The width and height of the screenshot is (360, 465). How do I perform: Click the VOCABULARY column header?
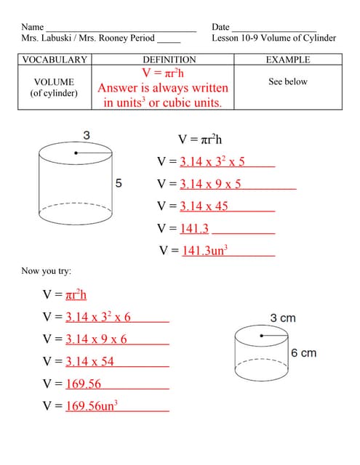(55, 60)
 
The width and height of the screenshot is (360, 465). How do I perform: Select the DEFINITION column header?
(169, 60)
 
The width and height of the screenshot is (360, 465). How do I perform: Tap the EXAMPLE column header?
(288, 60)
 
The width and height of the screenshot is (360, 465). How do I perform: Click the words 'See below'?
(288, 81)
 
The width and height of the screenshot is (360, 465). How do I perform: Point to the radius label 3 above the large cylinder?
(87, 135)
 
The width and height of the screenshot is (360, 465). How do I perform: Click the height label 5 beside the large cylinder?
(119, 183)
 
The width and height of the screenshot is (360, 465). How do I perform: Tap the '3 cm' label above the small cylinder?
(283, 318)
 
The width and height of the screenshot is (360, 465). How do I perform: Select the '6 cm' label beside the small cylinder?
(303, 352)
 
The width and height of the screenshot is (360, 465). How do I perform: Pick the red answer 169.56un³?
(92, 406)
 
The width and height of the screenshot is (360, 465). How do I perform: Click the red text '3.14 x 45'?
(204, 206)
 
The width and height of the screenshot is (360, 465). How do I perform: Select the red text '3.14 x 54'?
(89, 361)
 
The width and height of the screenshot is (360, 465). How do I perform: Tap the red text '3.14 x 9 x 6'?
(96, 339)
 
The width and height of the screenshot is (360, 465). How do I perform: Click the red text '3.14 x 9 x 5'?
(210, 184)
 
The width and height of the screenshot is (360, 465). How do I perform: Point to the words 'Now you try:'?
(47, 271)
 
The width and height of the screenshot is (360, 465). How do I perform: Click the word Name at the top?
(33, 27)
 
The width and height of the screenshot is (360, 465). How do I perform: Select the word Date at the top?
(221, 27)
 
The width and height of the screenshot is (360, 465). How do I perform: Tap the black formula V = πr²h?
(200, 139)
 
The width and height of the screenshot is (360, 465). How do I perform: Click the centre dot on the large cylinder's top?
(76, 153)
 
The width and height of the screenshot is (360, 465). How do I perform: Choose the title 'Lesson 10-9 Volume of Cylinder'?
(274, 38)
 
